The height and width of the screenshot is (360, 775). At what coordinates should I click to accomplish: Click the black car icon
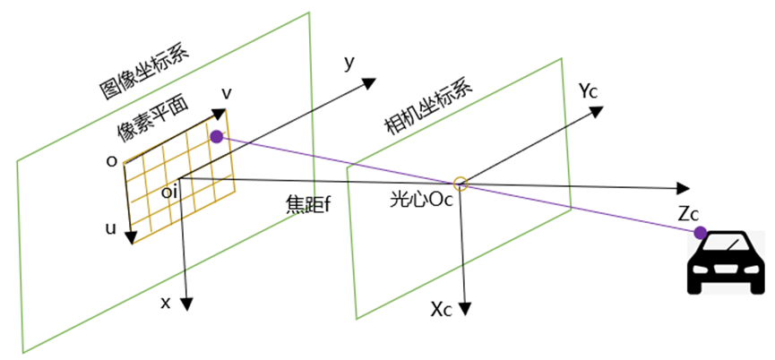tap(726, 264)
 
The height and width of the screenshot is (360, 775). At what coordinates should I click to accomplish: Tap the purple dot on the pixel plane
tap(216, 136)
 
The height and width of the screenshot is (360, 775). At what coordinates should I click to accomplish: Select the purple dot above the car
tap(700, 233)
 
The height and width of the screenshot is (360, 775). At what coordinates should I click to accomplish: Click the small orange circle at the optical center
tap(460, 184)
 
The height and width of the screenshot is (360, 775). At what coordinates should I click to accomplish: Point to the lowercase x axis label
tap(166, 303)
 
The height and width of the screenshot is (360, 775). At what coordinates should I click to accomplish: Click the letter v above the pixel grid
tap(228, 94)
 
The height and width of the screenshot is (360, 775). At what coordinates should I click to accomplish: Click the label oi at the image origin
tap(168, 190)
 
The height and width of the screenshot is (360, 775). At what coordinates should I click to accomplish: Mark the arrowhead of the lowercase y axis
tap(368, 82)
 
